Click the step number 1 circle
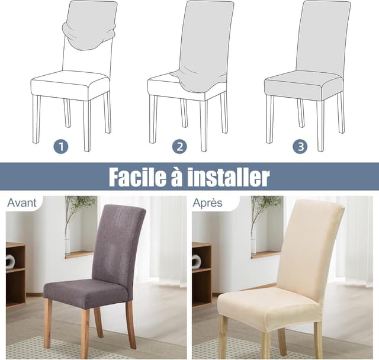tap(61, 146)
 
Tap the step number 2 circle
tap(179, 146)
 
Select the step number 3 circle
tap(300, 146)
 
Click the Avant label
tap(22, 203)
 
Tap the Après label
tap(207, 203)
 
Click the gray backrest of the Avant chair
tap(117, 243)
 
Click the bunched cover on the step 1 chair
tap(89, 33)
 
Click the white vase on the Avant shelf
tap(10, 261)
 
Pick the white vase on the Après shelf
tap(196, 261)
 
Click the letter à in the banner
tap(176, 176)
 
